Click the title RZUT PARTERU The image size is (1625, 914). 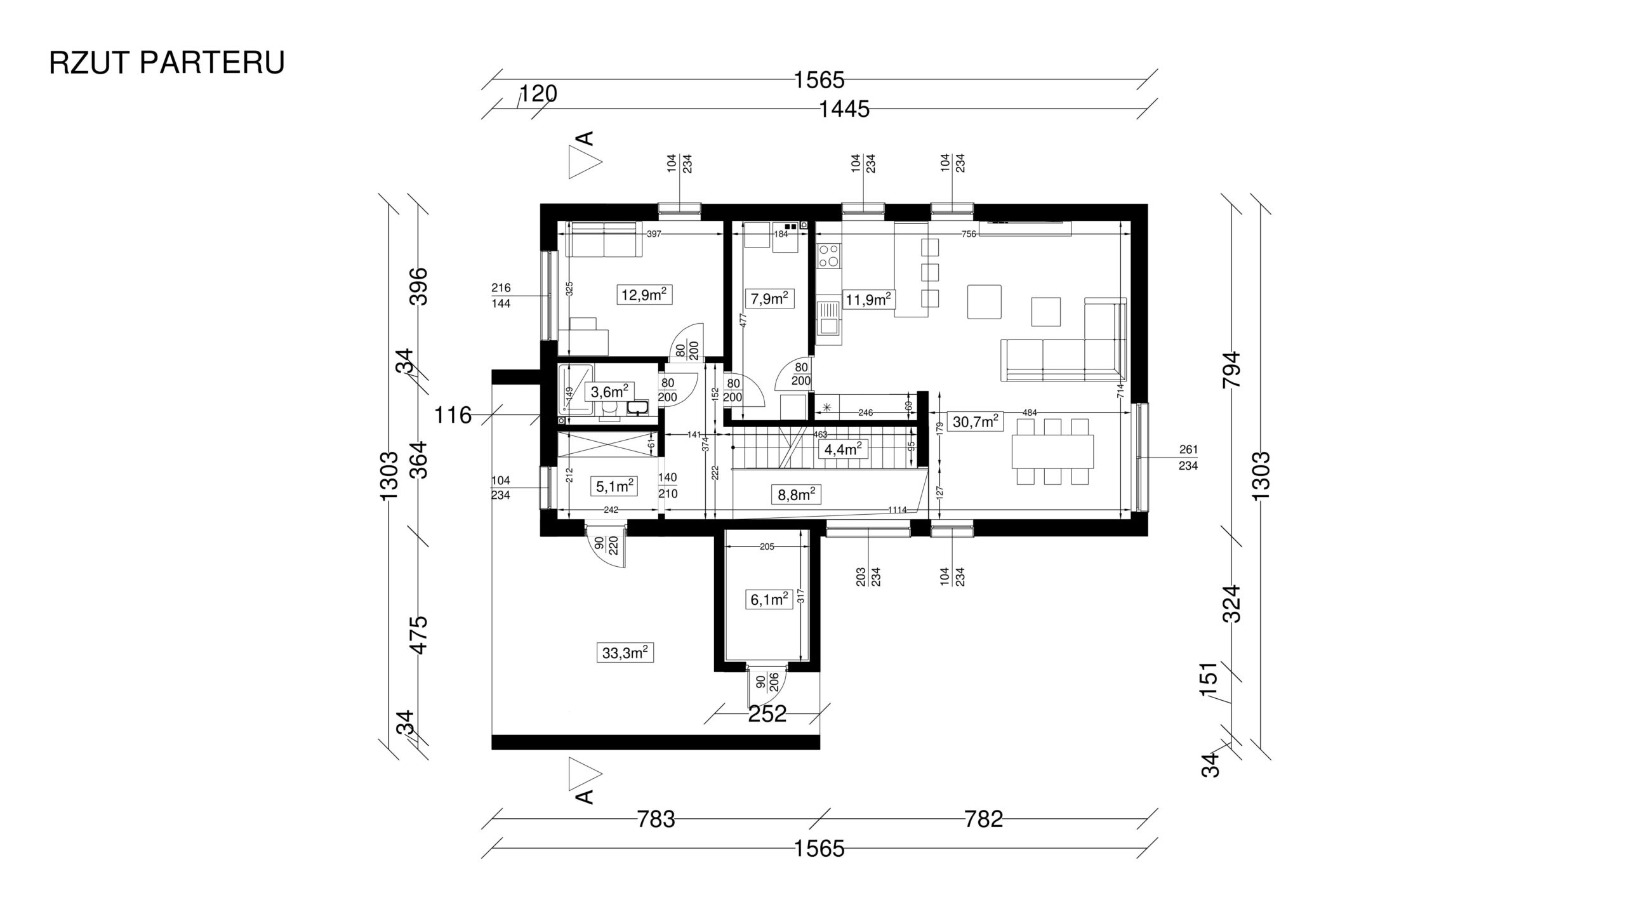pos(167,63)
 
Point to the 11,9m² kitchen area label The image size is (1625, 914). pos(868,299)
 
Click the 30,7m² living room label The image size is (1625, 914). pos(975,421)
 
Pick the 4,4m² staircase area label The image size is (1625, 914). pos(843,449)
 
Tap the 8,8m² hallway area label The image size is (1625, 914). pos(797,494)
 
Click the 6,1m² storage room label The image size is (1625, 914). pos(769,600)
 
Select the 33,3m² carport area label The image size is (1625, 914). pos(625,652)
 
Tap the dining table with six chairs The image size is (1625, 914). pos(1052,451)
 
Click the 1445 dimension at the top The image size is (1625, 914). pos(844,110)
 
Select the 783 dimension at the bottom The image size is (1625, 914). pos(656,819)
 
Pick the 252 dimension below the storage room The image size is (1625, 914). pos(767,714)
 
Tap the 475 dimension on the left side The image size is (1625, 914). pos(420,634)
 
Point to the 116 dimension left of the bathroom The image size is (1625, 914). pos(453,416)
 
